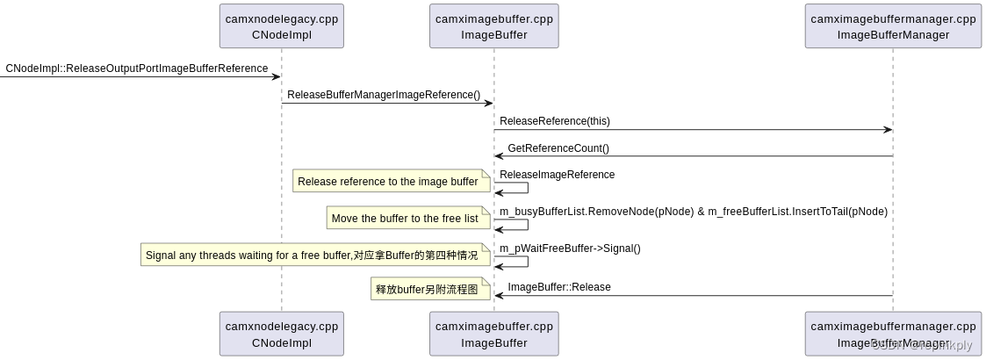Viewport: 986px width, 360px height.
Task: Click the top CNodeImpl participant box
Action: [281, 26]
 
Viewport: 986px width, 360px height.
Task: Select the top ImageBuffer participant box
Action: [494, 26]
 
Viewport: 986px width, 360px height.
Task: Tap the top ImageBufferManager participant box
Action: [893, 26]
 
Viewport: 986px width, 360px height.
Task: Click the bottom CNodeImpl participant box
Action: [281, 334]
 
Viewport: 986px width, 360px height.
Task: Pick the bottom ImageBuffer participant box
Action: [494, 334]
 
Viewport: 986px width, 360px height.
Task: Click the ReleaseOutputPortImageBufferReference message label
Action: [137, 68]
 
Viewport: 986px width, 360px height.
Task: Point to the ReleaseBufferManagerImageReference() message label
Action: [384, 95]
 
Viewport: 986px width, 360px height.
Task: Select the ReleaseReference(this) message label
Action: [555, 121]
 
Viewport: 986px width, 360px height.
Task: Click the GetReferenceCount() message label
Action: [558, 148]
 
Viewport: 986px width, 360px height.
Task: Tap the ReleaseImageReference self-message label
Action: [558, 175]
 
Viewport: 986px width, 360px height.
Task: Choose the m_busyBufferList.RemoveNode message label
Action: [694, 212]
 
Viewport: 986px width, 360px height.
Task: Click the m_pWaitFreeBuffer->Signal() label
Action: [571, 248]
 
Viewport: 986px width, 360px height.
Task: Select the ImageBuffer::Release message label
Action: [559, 287]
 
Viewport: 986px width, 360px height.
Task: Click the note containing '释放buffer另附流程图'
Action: [428, 289]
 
